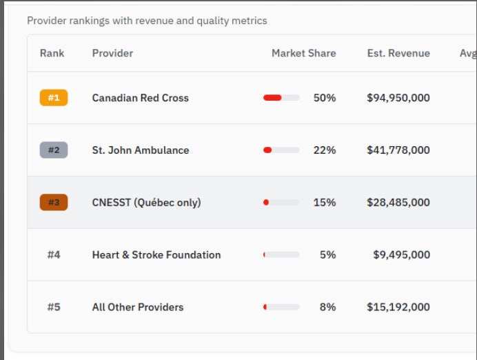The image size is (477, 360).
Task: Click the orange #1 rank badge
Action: (54, 98)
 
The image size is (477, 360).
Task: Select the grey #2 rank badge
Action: (54, 150)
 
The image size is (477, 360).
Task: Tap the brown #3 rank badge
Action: (54, 203)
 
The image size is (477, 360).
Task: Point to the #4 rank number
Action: (54, 255)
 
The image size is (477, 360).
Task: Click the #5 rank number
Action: (54, 308)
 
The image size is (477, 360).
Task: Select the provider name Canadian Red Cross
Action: (141, 98)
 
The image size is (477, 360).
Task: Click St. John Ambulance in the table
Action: (141, 150)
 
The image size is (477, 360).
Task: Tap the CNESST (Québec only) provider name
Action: (146, 203)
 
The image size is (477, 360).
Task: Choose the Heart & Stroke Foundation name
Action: (156, 255)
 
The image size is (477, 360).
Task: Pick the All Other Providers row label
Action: (138, 308)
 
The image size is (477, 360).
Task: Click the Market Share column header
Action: (303, 53)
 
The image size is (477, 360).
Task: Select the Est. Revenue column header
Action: (398, 53)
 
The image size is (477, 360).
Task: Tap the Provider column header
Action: (112, 53)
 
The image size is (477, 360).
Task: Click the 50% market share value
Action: (325, 98)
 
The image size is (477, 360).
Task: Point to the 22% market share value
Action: (325, 150)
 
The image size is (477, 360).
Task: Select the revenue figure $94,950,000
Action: (398, 98)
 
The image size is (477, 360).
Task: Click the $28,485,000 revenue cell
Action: (398, 203)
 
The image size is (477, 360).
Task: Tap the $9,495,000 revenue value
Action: (401, 255)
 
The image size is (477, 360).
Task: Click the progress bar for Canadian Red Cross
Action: (281, 98)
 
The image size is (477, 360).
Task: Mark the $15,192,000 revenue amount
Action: (398, 308)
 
